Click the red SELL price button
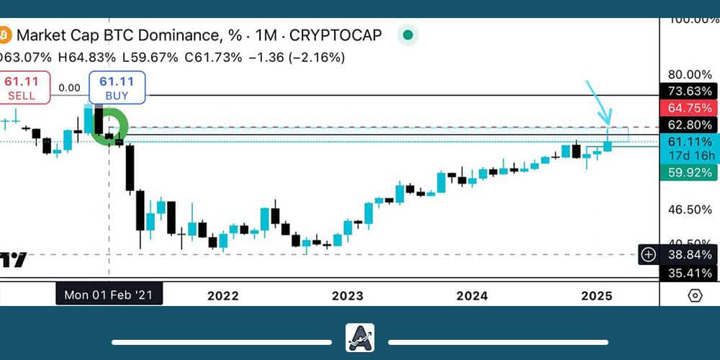24,87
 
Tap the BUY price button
117,87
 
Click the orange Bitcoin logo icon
4,34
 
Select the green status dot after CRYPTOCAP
408,34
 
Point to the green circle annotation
112,127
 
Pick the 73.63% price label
690,91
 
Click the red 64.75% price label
690,108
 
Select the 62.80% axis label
690,125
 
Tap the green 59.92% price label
690,172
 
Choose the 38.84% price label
690,254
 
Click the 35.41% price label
690,273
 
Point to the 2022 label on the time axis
222,295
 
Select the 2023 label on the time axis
348,295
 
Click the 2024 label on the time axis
472,295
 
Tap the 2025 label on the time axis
597,295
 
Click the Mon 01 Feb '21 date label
109,294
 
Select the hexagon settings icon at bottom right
695,295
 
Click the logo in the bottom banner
359,338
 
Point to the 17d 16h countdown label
690,155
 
